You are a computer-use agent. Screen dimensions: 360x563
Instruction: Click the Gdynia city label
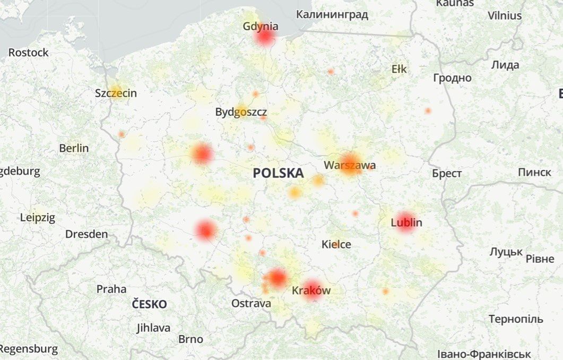point(260,26)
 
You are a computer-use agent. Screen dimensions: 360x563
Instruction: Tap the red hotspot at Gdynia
point(265,37)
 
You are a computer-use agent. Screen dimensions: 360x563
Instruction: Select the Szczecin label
point(116,93)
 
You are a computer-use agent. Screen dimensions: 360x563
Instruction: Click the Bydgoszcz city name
point(241,112)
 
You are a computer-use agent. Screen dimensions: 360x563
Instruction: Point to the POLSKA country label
point(278,173)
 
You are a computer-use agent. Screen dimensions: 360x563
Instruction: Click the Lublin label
point(406,222)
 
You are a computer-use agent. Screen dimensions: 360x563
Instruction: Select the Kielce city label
point(336,244)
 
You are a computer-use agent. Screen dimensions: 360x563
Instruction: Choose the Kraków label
point(311,290)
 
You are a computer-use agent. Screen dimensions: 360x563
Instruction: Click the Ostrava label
point(251,303)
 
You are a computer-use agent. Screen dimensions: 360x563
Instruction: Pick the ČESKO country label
point(149,304)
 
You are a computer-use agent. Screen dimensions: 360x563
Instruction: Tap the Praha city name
point(111,289)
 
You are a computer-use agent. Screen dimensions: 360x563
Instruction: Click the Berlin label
point(74,148)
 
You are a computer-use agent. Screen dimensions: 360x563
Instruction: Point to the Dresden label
point(86,234)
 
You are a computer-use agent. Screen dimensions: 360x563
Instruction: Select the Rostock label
point(28,53)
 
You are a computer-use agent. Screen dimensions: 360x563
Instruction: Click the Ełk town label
point(399,69)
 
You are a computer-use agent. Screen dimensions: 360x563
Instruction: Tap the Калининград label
point(332,14)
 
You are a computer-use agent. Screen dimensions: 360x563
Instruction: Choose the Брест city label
point(447,174)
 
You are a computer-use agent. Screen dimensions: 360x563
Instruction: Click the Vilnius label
point(505,16)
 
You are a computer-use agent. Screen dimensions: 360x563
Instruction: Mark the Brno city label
point(190,339)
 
